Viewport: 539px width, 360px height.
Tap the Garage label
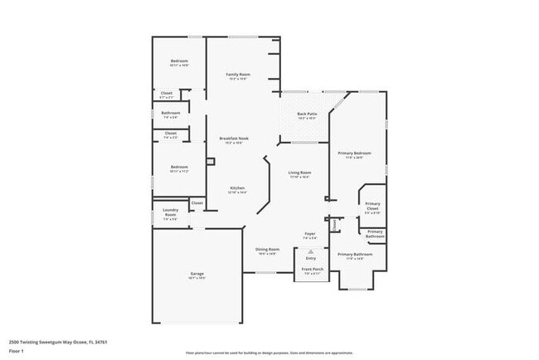click(x=197, y=274)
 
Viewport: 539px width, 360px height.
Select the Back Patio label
click(x=307, y=114)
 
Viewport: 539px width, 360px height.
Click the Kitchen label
click(x=237, y=188)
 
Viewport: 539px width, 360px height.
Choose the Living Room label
click(x=299, y=173)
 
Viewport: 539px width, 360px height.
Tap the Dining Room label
click(x=267, y=250)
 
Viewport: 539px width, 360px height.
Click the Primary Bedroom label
click(x=354, y=153)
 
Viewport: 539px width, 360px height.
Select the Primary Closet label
click(x=373, y=206)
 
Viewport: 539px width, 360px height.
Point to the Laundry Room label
click(x=170, y=212)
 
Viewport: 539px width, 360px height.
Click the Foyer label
click(x=309, y=235)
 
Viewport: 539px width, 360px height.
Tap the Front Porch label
click(x=311, y=270)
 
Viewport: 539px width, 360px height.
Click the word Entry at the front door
click(x=310, y=258)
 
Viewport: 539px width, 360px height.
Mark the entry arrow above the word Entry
click(x=310, y=251)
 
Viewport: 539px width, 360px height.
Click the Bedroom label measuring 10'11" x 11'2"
click(x=179, y=168)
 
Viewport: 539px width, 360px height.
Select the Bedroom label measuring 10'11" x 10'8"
click(x=180, y=61)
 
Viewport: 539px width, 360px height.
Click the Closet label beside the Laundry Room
click(x=197, y=202)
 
